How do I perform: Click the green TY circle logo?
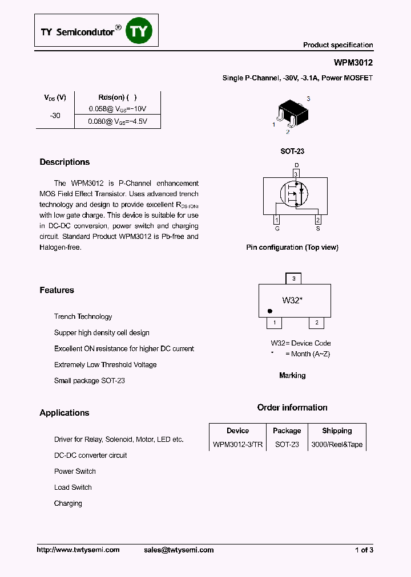(139, 32)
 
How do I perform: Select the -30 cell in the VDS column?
(55, 115)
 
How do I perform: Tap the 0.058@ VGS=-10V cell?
(118, 108)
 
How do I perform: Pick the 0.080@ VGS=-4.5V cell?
(118, 121)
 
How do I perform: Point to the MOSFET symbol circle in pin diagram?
(293, 196)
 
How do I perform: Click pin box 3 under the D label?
(296, 173)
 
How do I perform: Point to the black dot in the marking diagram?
(269, 311)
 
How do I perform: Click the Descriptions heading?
(65, 162)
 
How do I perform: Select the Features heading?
(57, 290)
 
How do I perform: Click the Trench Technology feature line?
(83, 316)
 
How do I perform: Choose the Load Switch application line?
(72, 487)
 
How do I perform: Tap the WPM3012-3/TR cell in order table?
(237, 445)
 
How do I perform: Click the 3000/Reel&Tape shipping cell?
(337, 445)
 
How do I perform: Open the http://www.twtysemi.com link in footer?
(78, 550)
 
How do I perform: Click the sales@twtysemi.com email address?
(179, 550)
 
